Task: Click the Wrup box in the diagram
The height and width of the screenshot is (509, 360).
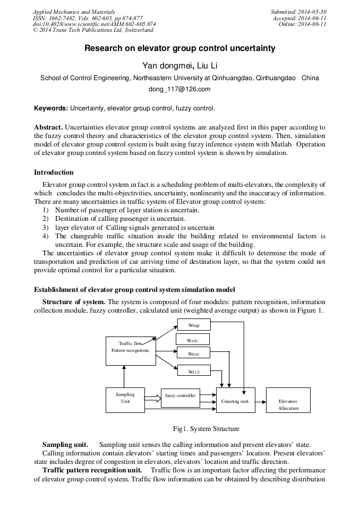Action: coord(193,324)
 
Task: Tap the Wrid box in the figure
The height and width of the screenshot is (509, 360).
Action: coord(193,372)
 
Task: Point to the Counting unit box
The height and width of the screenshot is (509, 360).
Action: coord(235,401)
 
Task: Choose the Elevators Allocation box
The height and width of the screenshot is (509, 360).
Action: coord(288,404)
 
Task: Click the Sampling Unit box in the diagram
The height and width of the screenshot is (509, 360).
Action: coord(125,398)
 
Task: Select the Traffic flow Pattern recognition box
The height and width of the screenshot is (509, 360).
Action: coord(131,350)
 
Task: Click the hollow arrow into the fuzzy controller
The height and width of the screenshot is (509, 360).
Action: coord(152,396)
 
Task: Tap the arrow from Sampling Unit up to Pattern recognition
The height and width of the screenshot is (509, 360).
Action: coord(124,376)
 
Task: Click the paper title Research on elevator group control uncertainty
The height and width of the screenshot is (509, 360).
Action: coord(180,48)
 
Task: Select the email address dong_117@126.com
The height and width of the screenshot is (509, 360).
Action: coord(179,89)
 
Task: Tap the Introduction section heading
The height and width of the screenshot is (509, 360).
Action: coord(54,172)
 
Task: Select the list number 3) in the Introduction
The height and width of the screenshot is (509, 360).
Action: coord(45,227)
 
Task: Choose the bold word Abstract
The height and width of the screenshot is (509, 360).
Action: coord(49,128)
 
